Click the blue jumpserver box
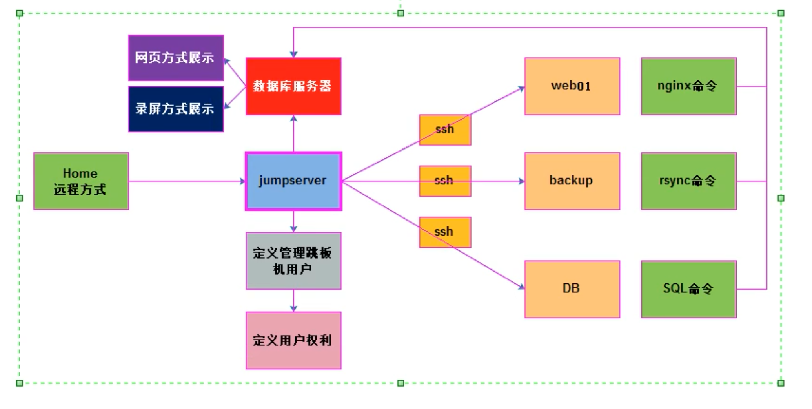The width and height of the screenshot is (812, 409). (293, 181)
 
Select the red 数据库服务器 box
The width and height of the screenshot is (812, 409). (293, 86)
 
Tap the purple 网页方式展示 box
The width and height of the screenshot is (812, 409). (176, 58)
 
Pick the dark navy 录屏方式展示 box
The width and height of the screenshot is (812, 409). (176, 109)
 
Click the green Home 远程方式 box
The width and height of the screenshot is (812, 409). (81, 181)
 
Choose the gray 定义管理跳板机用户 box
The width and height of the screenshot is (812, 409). (293, 261)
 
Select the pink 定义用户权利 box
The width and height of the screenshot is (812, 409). (293, 340)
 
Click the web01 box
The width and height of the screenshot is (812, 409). (572, 86)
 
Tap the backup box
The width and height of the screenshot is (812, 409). (572, 181)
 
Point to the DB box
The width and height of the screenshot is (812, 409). (572, 289)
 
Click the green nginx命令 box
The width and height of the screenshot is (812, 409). (688, 86)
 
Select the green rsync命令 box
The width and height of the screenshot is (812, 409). (688, 181)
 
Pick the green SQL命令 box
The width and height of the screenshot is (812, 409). (688, 289)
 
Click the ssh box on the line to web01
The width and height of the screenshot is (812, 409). (445, 130)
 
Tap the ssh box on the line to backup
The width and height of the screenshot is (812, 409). (445, 181)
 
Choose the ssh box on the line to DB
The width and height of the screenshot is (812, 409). (445, 232)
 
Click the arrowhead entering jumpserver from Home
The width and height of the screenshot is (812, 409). (242, 181)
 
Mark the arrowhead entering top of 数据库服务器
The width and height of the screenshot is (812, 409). (293, 54)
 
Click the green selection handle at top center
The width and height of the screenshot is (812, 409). (401, 13)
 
